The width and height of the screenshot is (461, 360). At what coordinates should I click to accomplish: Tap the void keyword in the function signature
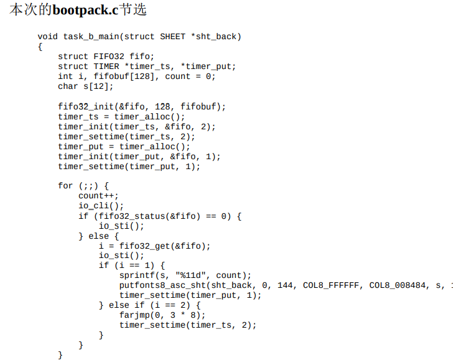[x=48, y=37]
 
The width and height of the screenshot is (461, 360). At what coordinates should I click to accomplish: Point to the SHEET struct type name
[x=173, y=37]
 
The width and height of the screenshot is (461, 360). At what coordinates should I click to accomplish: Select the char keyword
[x=68, y=86]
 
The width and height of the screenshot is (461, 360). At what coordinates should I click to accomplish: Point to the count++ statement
[x=98, y=196]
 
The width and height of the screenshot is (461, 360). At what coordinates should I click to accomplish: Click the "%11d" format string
[x=193, y=275]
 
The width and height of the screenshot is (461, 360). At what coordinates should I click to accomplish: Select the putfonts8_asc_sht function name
[x=162, y=285]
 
